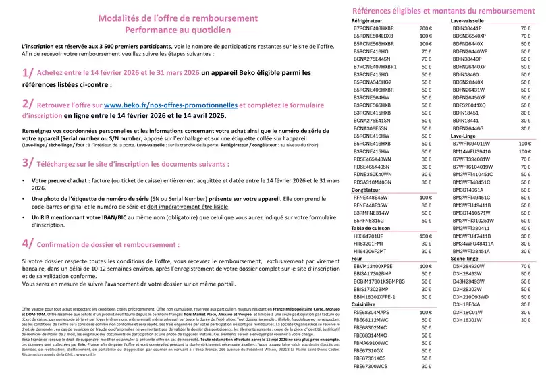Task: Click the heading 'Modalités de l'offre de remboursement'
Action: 169,20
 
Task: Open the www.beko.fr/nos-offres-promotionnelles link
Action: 170,105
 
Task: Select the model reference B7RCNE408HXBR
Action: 379,29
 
